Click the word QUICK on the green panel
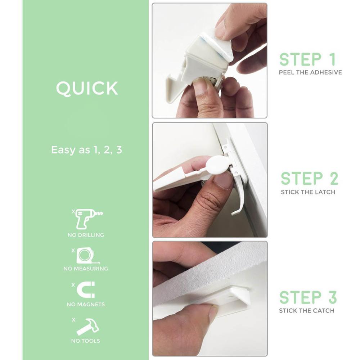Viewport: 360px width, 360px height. (87, 88)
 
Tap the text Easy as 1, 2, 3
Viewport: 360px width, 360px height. (86, 150)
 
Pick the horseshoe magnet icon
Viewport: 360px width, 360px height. (86, 290)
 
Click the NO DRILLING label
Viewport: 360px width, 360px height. (86, 235)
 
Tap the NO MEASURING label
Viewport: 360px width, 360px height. (86, 269)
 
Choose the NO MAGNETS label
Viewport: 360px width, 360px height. (86, 305)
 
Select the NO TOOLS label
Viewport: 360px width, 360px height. (86, 341)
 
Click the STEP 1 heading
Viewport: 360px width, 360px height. (307, 59)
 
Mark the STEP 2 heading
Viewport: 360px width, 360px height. (310, 179)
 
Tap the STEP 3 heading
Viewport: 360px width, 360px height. (308, 297)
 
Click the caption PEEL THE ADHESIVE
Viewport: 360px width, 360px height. (310, 73)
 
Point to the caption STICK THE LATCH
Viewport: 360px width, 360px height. (308, 192)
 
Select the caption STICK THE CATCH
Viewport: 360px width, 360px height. (307, 311)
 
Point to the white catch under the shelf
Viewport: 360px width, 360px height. (225, 298)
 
